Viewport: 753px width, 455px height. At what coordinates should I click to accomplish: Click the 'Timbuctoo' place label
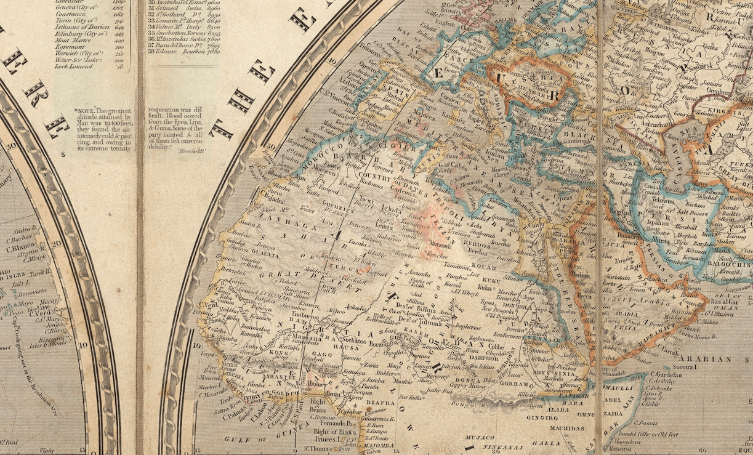click(315, 315)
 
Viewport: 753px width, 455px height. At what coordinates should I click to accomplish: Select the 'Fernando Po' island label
click(342, 424)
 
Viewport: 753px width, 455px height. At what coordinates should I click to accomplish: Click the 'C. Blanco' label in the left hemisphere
click(18, 249)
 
